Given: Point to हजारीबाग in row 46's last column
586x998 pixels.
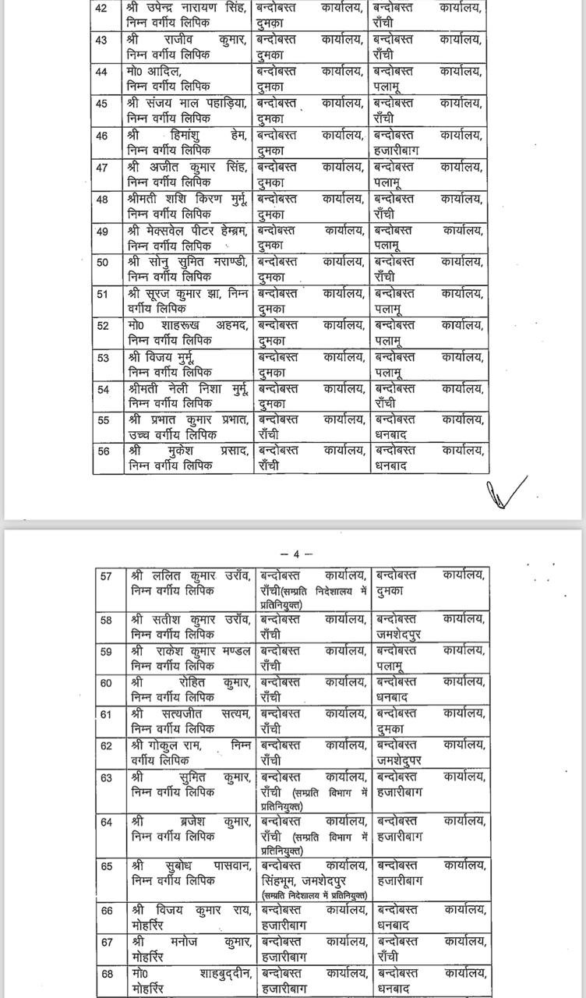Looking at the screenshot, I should pyautogui.click(x=397, y=148).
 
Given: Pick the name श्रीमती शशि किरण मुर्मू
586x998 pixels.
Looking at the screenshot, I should pyautogui.click(x=188, y=199).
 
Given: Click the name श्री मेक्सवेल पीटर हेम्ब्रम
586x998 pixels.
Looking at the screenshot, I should pyautogui.click(x=188, y=231).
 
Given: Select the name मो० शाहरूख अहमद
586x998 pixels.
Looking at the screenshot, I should pyautogui.click(x=188, y=326).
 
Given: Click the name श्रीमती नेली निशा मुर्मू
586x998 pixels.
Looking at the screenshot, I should pyautogui.click(x=188, y=390).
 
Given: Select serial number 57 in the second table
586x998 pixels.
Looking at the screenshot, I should pyautogui.click(x=107, y=575).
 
